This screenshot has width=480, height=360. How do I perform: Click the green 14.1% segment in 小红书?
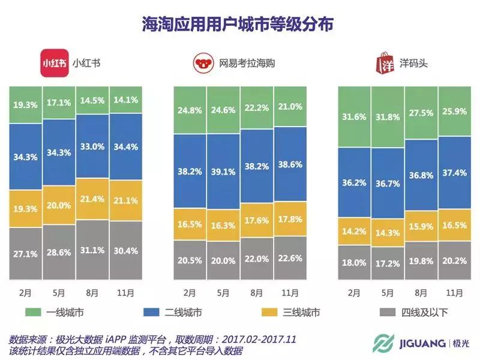click(126, 100)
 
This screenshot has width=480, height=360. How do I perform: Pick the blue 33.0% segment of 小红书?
click(92, 146)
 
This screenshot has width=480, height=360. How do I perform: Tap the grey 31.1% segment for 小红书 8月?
click(92, 250)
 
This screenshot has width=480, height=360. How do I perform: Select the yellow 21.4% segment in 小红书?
click(92, 199)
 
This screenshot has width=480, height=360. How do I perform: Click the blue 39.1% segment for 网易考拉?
click(223, 171)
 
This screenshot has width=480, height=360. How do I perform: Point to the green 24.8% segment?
click(190, 110)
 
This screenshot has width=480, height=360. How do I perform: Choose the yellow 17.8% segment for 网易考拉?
click(290, 219)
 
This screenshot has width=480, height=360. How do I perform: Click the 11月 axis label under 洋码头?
click(455, 293)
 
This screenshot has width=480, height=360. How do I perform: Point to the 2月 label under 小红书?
click(25, 293)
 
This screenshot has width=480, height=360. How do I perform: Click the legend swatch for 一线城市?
click(35, 313)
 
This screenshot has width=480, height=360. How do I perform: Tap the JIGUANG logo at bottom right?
click(420, 343)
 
